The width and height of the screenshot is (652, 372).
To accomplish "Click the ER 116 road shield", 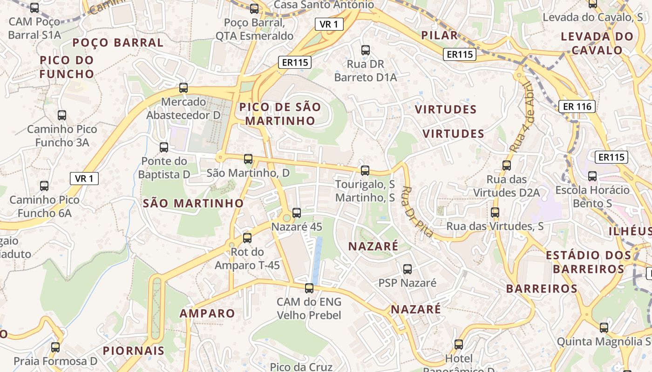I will pyautogui.click(x=577, y=106).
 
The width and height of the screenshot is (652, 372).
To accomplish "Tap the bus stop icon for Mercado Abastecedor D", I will pyautogui.click(x=183, y=87).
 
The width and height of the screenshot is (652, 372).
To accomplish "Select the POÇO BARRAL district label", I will pyautogui.click(x=118, y=43).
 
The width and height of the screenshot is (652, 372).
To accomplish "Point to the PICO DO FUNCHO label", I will pyautogui.click(x=67, y=67).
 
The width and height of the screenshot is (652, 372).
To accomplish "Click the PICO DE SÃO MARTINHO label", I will pyautogui.click(x=280, y=114).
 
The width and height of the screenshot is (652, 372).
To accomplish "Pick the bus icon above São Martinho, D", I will pyautogui.click(x=248, y=159).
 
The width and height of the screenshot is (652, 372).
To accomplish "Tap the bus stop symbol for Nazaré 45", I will pyautogui.click(x=297, y=213).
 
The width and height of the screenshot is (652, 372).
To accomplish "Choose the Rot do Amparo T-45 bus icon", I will pyautogui.click(x=247, y=238).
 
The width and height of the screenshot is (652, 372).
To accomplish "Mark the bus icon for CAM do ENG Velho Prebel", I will pyautogui.click(x=309, y=288).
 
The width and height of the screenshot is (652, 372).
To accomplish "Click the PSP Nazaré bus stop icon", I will pyautogui.click(x=407, y=269).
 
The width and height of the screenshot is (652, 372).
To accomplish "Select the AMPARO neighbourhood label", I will pyautogui.click(x=207, y=313).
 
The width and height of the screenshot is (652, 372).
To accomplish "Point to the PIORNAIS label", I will pyautogui.click(x=134, y=351).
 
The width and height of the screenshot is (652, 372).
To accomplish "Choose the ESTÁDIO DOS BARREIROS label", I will pyautogui.click(x=589, y=262).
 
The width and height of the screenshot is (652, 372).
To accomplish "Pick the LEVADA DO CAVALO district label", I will pyautogui.click(x=597, y=43).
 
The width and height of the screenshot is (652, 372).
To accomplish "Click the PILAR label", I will pyautogui.click(x=439, y=35).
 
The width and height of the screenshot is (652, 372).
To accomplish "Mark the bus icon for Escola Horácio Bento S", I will pyautogui.click(x=592, y=176).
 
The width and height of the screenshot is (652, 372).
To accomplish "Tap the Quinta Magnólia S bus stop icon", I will pyautogui.click(x=604, y=327).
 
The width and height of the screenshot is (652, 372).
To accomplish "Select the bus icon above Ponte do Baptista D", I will pyautogui.click(x=164, y=147).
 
